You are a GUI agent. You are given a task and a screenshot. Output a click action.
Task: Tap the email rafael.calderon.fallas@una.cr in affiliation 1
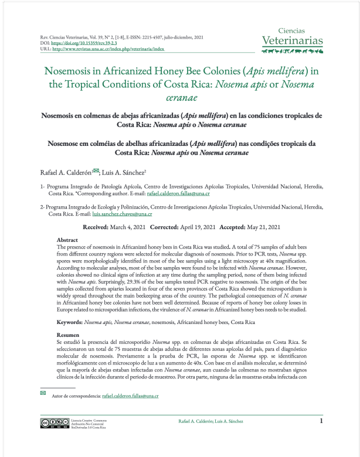pyautogui.click(x=183, y=193)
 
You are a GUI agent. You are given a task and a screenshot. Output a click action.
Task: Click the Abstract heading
pyautogui.click(x=67, y=240)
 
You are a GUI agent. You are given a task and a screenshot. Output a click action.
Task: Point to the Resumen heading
pyautogui.click(x=68, y=333)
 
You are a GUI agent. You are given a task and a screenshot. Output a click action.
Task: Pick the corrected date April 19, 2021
pyautogui.click(x=189, y=227)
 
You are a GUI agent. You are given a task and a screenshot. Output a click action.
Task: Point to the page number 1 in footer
pyautogui.click(x=321, y=421)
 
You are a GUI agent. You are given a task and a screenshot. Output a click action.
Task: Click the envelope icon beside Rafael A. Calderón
pyautogui.click(x=96, y=170)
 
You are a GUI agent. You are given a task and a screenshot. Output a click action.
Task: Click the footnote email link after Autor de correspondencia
pyautogui.click(x=130, y=397)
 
